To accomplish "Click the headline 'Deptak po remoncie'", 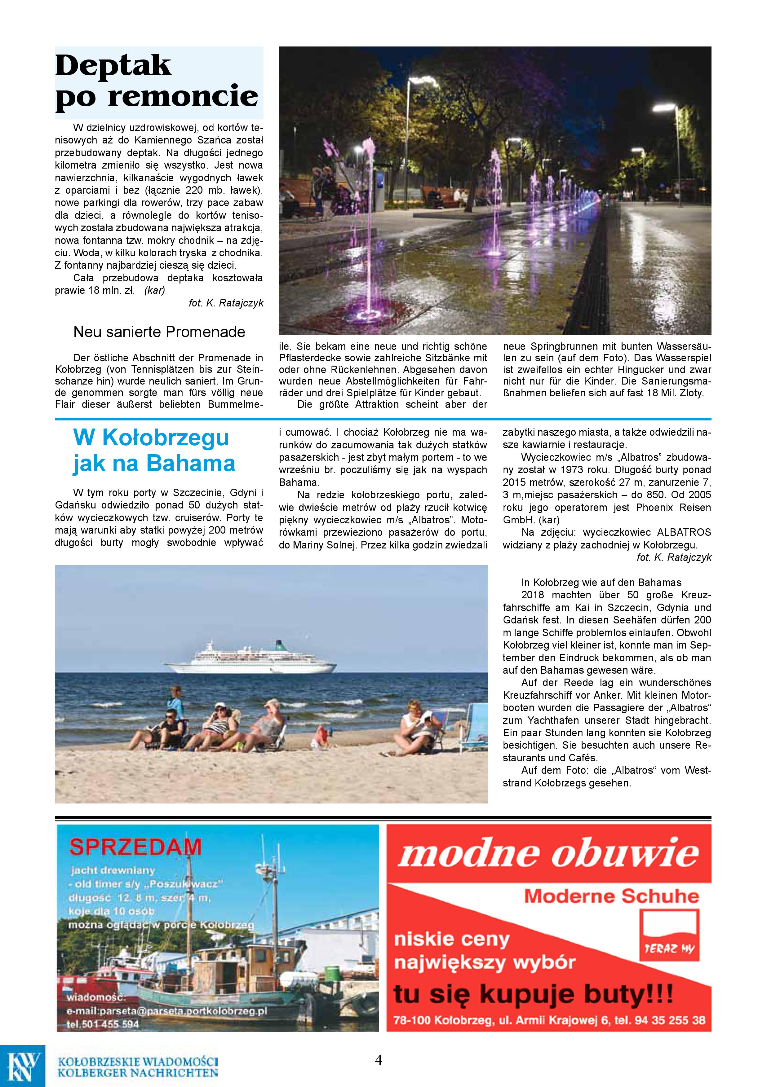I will coord(156,81).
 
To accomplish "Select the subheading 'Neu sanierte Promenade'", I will coord(159,332).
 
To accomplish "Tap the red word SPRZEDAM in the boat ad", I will coord(135,847).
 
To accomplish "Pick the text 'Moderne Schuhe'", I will coord(611,896).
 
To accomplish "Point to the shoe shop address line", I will coord(549,1020).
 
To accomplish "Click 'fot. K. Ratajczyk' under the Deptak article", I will coord(226,303).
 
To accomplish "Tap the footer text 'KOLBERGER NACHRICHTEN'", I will coord(137,1072).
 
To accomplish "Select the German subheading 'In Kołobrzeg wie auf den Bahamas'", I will coord(601,582).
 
